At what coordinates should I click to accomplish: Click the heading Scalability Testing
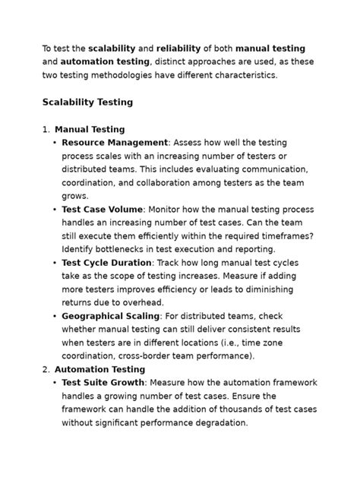pos(87,102)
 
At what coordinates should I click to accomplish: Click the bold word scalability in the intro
pos(112,48)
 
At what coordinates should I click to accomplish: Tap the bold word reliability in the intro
pos(182,48)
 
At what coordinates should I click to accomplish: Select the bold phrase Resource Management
pos(115,142)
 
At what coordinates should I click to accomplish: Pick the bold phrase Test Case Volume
pos(102,209)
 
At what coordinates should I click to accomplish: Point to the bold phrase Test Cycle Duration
pos(107,262)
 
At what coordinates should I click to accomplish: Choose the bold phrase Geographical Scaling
pos(111,315)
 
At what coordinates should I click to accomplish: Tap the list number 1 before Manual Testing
pos(46,129)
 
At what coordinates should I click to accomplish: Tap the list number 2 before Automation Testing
pos(46,369)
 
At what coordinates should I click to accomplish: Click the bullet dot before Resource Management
pos(55,143)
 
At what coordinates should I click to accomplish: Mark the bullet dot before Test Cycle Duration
pos(55,263)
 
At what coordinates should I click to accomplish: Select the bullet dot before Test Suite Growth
pos(55,383)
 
